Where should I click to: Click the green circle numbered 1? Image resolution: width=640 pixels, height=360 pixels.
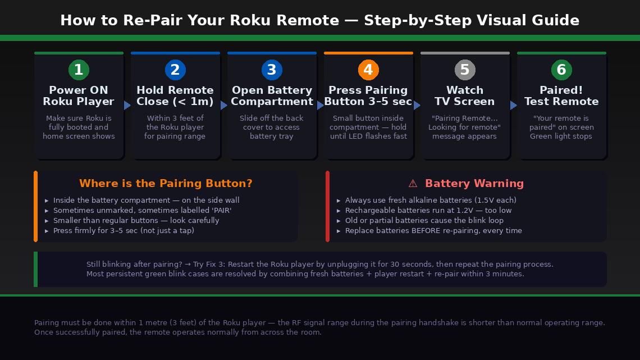79,70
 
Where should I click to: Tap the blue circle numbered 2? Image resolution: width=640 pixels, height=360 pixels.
175,70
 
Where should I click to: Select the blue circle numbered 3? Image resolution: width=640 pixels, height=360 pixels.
272,70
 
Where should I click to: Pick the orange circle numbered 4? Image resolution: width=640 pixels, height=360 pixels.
368,70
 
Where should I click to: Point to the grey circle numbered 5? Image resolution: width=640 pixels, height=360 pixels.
465,70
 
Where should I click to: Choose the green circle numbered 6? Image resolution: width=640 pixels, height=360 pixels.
561,70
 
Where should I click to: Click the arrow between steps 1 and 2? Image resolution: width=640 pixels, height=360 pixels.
127,105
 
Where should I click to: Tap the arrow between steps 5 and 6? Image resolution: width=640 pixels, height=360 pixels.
514,105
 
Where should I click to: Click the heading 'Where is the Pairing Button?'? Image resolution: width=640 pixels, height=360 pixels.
166,184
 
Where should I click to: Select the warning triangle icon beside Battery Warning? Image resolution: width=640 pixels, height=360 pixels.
413,184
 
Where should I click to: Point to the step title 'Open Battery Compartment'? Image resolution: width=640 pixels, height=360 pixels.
272,96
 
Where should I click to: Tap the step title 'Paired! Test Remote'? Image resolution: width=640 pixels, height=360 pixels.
561,96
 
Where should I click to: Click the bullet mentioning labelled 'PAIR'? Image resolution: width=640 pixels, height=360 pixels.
142,211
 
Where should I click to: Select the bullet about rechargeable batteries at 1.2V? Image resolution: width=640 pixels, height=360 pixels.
428,211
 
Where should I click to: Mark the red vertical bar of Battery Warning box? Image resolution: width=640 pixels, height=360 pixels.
327,207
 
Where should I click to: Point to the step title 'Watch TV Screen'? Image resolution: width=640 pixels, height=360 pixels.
465,96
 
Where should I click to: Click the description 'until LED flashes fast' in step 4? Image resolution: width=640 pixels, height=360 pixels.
368,136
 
